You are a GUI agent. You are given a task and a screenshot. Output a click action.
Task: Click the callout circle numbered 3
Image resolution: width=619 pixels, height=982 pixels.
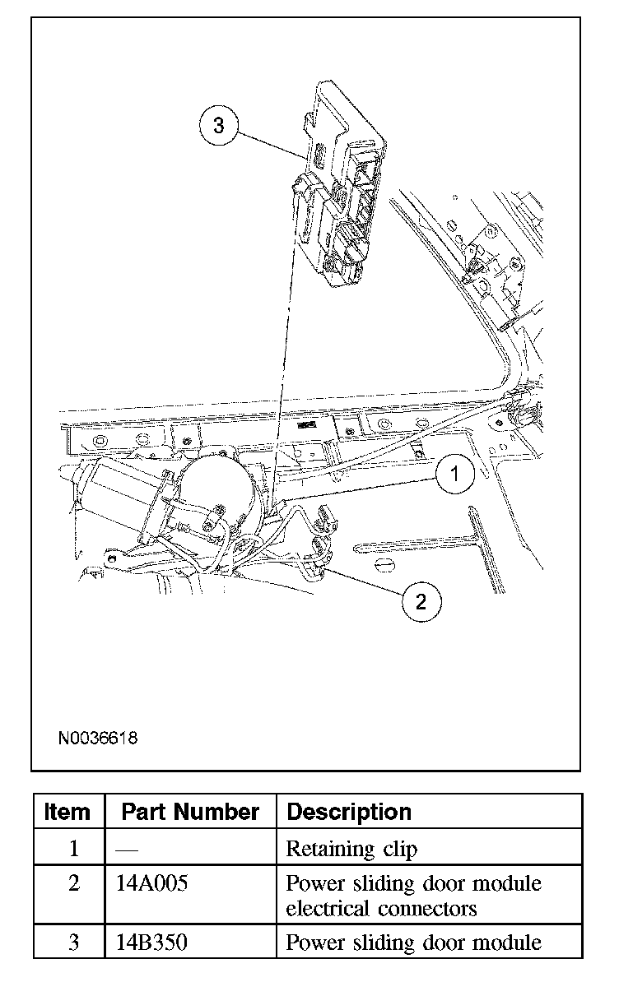(x=218, y=126)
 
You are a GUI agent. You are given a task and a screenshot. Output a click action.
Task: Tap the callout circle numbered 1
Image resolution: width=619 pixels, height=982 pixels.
(x=455, y=474)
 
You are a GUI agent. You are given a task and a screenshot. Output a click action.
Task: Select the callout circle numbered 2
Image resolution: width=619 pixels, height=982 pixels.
(x=421, y=602)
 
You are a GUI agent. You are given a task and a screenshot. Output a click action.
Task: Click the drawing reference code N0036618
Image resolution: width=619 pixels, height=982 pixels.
(x=97, y=738)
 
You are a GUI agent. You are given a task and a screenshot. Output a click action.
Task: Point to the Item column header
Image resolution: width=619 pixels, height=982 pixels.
(x=67, y=813)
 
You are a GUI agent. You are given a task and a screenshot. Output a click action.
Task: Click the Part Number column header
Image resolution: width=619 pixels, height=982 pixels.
(x=190, y=813)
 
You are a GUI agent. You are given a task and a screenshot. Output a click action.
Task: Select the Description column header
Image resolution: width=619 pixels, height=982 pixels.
(x=349, y=813)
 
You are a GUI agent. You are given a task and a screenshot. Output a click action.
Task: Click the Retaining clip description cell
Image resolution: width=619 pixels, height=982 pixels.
(x=351, y=849)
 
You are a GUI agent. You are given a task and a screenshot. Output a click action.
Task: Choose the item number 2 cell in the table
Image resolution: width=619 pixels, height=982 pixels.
(x=73, y=884)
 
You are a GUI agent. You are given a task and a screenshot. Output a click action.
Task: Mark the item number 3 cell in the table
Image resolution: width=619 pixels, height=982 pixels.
(x=73, y=943)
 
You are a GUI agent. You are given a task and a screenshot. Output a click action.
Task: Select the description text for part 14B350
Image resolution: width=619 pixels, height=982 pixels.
(x=413, y=943)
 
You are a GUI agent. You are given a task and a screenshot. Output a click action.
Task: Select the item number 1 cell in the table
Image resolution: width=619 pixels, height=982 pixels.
(x=73, y=849)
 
